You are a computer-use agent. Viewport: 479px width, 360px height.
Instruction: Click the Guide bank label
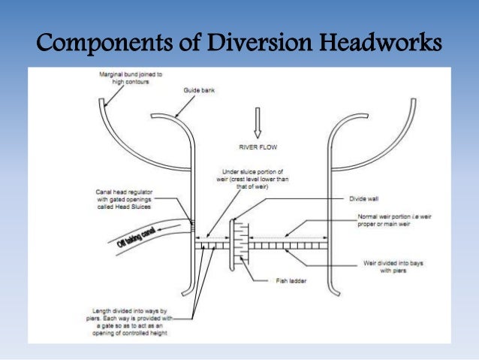pyautogui.click(x=198, y=89)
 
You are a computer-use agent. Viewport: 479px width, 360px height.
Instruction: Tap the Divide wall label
pyautogui.click(x=363, y=199)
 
